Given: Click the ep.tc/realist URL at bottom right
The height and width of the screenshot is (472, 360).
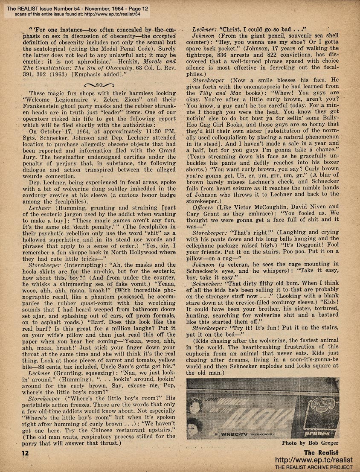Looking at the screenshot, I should [x=315, y=460].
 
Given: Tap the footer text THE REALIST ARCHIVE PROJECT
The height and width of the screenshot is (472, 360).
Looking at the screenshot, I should [x=315, y=467].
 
